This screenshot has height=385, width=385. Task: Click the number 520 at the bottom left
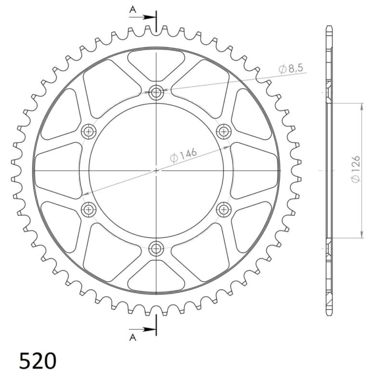(x=38, y=360)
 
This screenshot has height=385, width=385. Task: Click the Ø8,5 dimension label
(x=291, y=69)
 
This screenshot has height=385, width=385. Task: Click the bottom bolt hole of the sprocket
(x=156, y=248)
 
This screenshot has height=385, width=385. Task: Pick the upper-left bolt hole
(x=88, y=131)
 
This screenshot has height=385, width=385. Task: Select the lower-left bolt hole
(x=88, y=209)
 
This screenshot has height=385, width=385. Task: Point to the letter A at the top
(x=132, y=9)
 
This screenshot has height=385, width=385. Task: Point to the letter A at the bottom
(x=132, y=338)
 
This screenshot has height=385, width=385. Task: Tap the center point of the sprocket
(x=156, y=170)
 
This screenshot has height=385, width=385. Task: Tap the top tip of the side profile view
(x=329, y=27)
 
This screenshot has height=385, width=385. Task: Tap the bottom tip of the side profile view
(x=329, y=313)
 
